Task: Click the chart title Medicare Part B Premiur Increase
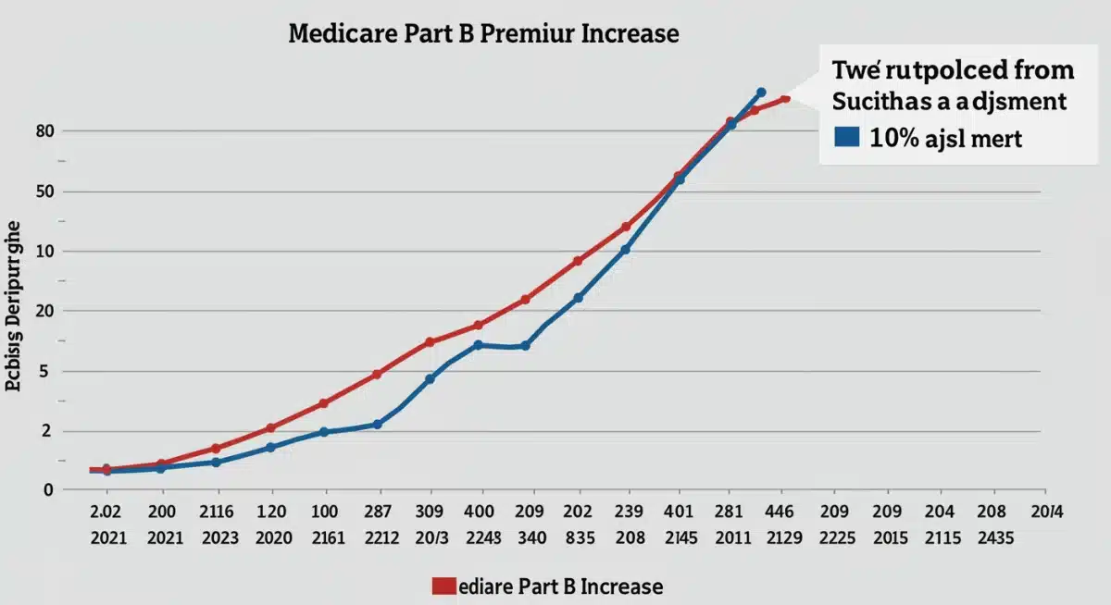pyautogui.click(x=483, y=34)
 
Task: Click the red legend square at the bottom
pyautogui.click(x=443, y=585)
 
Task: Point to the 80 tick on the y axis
pyautogui.click(x=45, y=131)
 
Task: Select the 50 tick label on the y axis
pyautogui.click(x=45, y=191)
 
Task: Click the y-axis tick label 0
pyautogui.click(x=47, y=490)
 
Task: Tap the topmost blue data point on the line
pyautogui.click(x=761, y=93)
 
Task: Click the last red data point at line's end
pyautogui.click(x=785, y=98)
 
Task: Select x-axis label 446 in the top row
pyautogui.click(x=780, y=511)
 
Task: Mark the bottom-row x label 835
pyautogui.click(x=578, y=538)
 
